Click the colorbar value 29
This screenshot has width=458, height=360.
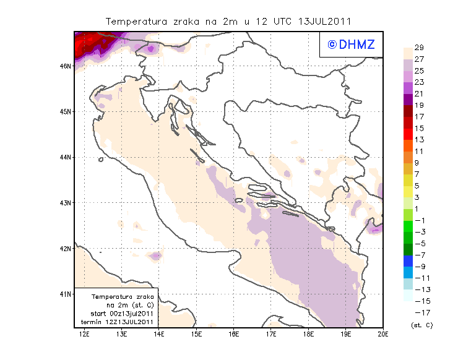click(418, 48)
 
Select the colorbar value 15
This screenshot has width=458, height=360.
click(418, 128)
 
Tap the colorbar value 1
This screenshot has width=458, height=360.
click(418, 208)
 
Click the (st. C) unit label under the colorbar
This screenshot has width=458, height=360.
click(421, 324)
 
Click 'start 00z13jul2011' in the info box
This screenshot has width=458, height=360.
click(117, 314)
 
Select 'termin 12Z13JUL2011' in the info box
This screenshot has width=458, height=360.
click(117, 322)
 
